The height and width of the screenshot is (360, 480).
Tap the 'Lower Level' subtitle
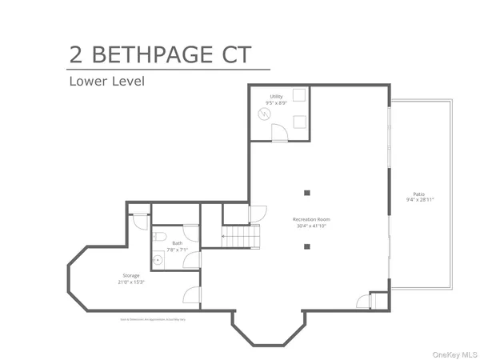[x=106, y=81]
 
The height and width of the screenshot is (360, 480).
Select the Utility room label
[x=275, y=97]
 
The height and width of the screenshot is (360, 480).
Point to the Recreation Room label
[x=312, y=219]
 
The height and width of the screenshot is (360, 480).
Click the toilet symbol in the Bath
[x=160, y=237]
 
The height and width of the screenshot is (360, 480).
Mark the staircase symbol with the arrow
[x=241, y=237]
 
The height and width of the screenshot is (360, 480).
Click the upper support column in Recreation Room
[x=307, y=192]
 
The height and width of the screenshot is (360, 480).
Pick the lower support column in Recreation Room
[x=307, y=246]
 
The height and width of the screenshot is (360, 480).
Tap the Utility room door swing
[x=279, y=133]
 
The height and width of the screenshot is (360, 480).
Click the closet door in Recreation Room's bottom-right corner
[x=365, y=302]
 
